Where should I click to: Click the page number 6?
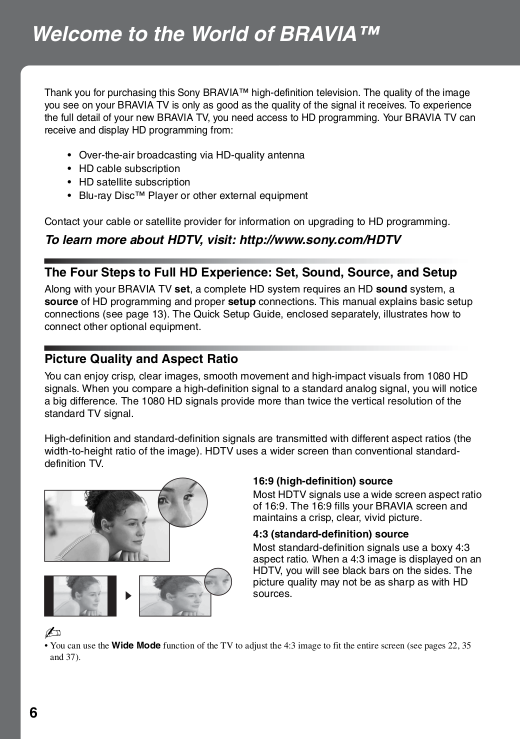[33, 712]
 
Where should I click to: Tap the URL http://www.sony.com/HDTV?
[320, 240]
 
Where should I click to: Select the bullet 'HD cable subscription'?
[129, 168]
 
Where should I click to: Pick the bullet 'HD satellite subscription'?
[134, 182]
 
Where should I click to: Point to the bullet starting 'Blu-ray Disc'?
[193, 195]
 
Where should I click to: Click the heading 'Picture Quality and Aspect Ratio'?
[141, 359]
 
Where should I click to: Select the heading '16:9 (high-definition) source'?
[322, 481]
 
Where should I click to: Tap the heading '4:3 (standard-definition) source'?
[330, 534]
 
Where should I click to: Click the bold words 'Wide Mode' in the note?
[136, 645]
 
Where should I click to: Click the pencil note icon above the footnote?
[50, 633]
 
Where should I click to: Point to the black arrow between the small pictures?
[128, 596]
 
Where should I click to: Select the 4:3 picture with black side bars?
[80, 595]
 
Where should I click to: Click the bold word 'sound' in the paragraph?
[391, 289]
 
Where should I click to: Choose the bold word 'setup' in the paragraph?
[241, 301]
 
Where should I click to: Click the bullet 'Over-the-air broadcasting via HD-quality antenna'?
[191, 155]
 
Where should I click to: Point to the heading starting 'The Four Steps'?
[250, 272]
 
